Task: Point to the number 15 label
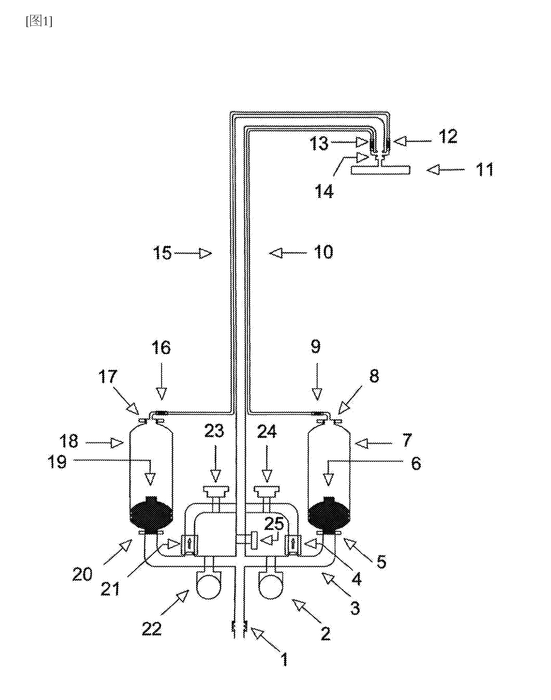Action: click(162, 253)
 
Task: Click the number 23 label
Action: click(214, 431)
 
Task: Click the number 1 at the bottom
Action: click(284, 659)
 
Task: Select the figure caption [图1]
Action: click(39, 22)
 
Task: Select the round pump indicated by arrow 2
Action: click(271, 587)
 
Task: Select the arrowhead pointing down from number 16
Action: click(162, 395)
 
